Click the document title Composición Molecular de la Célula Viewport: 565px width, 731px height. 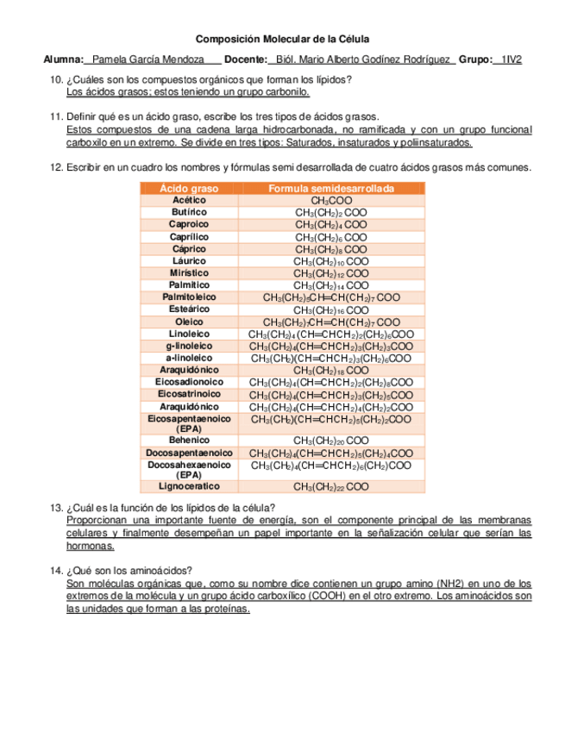282,40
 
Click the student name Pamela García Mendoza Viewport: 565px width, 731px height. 148,59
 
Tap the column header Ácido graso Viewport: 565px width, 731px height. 189,188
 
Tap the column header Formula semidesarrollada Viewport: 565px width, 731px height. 331,188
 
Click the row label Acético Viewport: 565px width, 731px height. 189,200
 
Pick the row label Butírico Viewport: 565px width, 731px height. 189,212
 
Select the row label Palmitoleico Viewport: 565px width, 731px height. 189,297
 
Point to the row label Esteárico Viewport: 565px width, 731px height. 189,309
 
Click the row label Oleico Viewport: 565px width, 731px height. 189,322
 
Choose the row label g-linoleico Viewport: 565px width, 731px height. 189,346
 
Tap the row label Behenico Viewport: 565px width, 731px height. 189,440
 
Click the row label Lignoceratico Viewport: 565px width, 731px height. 189,486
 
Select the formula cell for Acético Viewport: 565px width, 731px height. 331,201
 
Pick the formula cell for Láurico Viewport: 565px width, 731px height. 331,261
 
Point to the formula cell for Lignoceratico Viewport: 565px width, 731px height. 331,487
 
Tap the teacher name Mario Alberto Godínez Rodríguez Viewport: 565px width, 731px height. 362,59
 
